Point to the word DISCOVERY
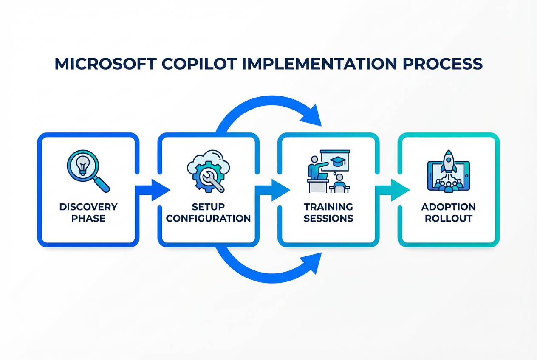88,207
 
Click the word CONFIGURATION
208,219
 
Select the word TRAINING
328,207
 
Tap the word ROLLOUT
448,219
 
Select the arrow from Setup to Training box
274,189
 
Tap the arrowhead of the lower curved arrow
312,263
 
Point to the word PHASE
88,219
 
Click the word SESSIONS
328,219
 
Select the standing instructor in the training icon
315,168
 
